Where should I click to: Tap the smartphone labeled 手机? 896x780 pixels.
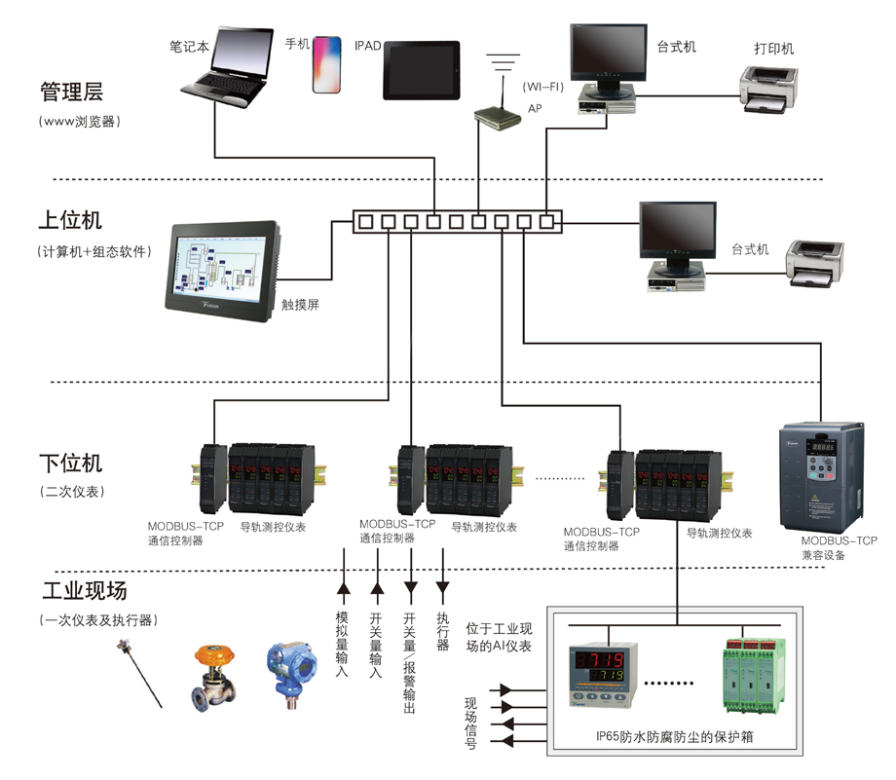pos(326,65)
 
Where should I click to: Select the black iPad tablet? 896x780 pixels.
pos(421,70)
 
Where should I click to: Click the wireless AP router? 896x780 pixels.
pos(498,114)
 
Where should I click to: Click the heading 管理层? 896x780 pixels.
pos(71,93)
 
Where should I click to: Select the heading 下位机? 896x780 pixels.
pos(70,463)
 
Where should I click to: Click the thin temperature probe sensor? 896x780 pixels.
pos(140,673)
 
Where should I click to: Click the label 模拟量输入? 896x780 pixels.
pos(342,644)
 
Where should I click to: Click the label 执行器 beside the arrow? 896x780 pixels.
pos(443,630)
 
